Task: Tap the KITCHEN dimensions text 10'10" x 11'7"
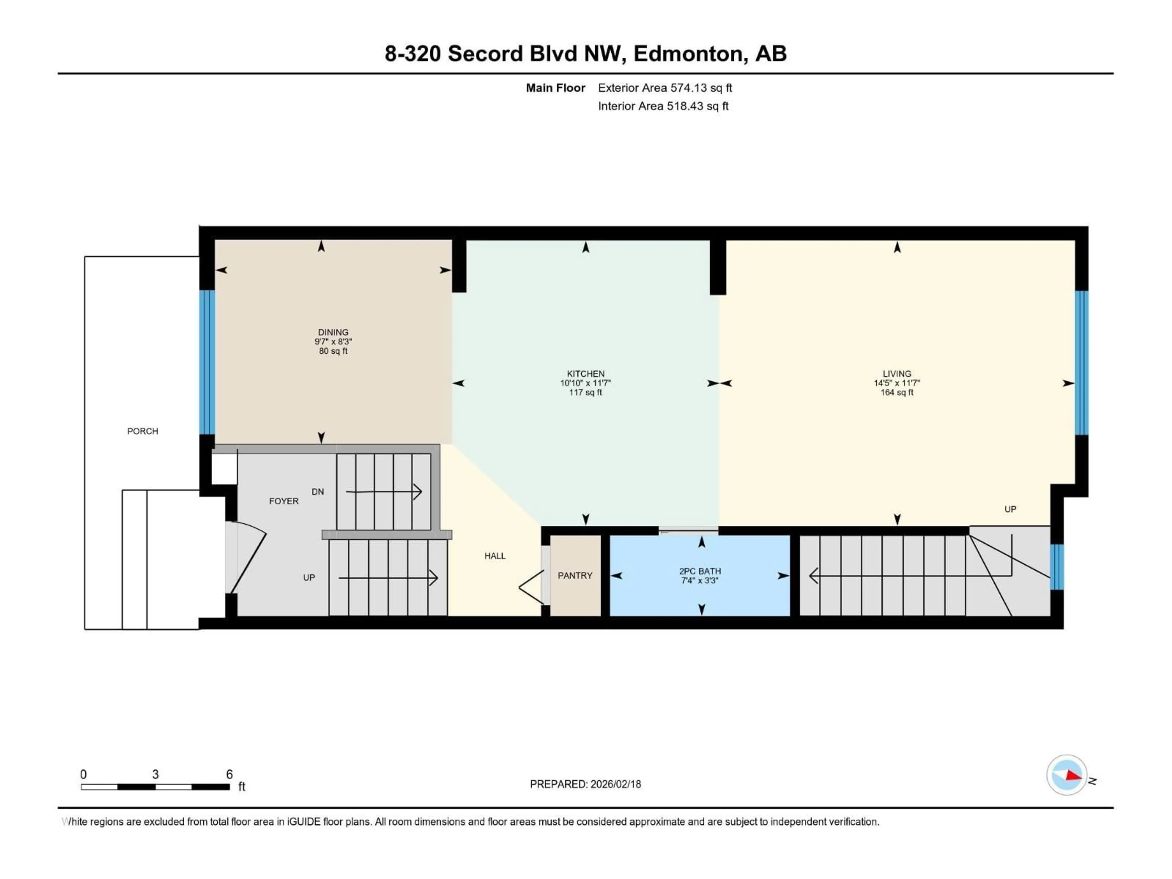tap(585, 383)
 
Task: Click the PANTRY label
tap(575, 575)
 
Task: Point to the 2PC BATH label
tap(700, 571)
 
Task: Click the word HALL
tap(494, 556)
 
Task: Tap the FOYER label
tap(284, 501)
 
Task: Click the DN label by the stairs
tap(317, 492)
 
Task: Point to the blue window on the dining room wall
tap(207, 362)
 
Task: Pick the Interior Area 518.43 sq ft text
tap(663, 106)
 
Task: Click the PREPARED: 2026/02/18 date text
tap(585, 784)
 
